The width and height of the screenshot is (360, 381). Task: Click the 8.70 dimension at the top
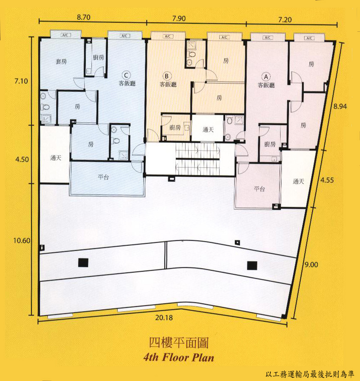(x=84, y=17)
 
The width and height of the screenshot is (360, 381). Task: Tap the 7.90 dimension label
(x=179, y=18)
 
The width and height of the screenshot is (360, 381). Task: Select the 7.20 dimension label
(x=285, y=19)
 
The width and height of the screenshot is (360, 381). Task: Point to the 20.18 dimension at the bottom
(x=164, y=317)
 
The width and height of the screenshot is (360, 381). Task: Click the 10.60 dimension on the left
(x=22, y=241)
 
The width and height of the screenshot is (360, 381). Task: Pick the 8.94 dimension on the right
(x=340, y=106)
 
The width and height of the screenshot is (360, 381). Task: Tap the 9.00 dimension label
(x=311, y=264)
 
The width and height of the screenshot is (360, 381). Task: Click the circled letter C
(x=126, y=75)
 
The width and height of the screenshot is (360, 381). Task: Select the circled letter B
(x=167, y=76)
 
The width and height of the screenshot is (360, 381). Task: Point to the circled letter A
(x=266, y=77)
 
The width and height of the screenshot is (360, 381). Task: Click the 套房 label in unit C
(x=61, y=61)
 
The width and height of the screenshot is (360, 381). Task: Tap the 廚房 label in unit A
(x=270, y=144)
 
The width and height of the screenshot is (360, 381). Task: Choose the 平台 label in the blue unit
(x=103, y=177)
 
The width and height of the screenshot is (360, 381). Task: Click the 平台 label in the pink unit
(x=259, y=188)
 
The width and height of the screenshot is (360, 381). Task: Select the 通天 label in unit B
(x=208, y=130)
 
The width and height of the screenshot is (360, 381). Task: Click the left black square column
(x=83, y=263)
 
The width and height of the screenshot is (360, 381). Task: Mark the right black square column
(x=252, y=266)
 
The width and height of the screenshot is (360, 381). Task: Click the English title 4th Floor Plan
(x=179, y=358)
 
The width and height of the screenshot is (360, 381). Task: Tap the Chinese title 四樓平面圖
(x=179, y=343)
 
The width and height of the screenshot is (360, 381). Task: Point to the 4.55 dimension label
(x=327, y=180)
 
